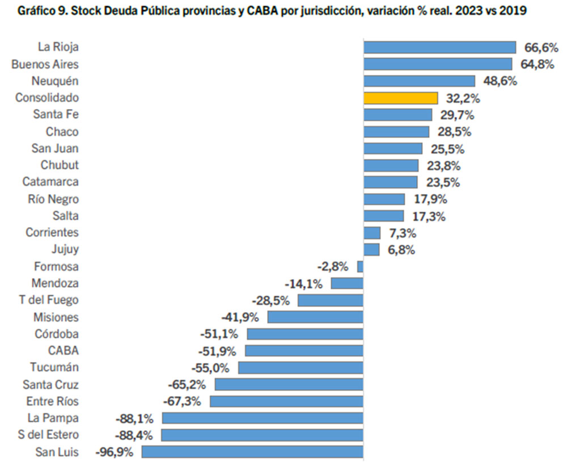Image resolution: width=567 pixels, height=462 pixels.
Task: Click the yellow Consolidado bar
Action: [400, 98]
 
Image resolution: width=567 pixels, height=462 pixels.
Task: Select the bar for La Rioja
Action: [439, 47]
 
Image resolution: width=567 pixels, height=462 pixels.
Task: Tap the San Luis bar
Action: [252, 452]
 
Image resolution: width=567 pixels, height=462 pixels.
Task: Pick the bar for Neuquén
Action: [419, 81]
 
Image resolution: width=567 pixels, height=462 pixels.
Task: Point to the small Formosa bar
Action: [360, 266]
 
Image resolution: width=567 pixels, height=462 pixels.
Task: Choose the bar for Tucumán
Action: [301, 368]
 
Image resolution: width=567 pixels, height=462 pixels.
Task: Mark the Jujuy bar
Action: [371, 250]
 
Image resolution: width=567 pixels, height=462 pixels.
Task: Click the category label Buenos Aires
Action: [45, 64]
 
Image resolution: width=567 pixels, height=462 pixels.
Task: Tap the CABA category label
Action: [64, 351]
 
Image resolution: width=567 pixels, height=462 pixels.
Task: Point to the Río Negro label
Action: [53, 199]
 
